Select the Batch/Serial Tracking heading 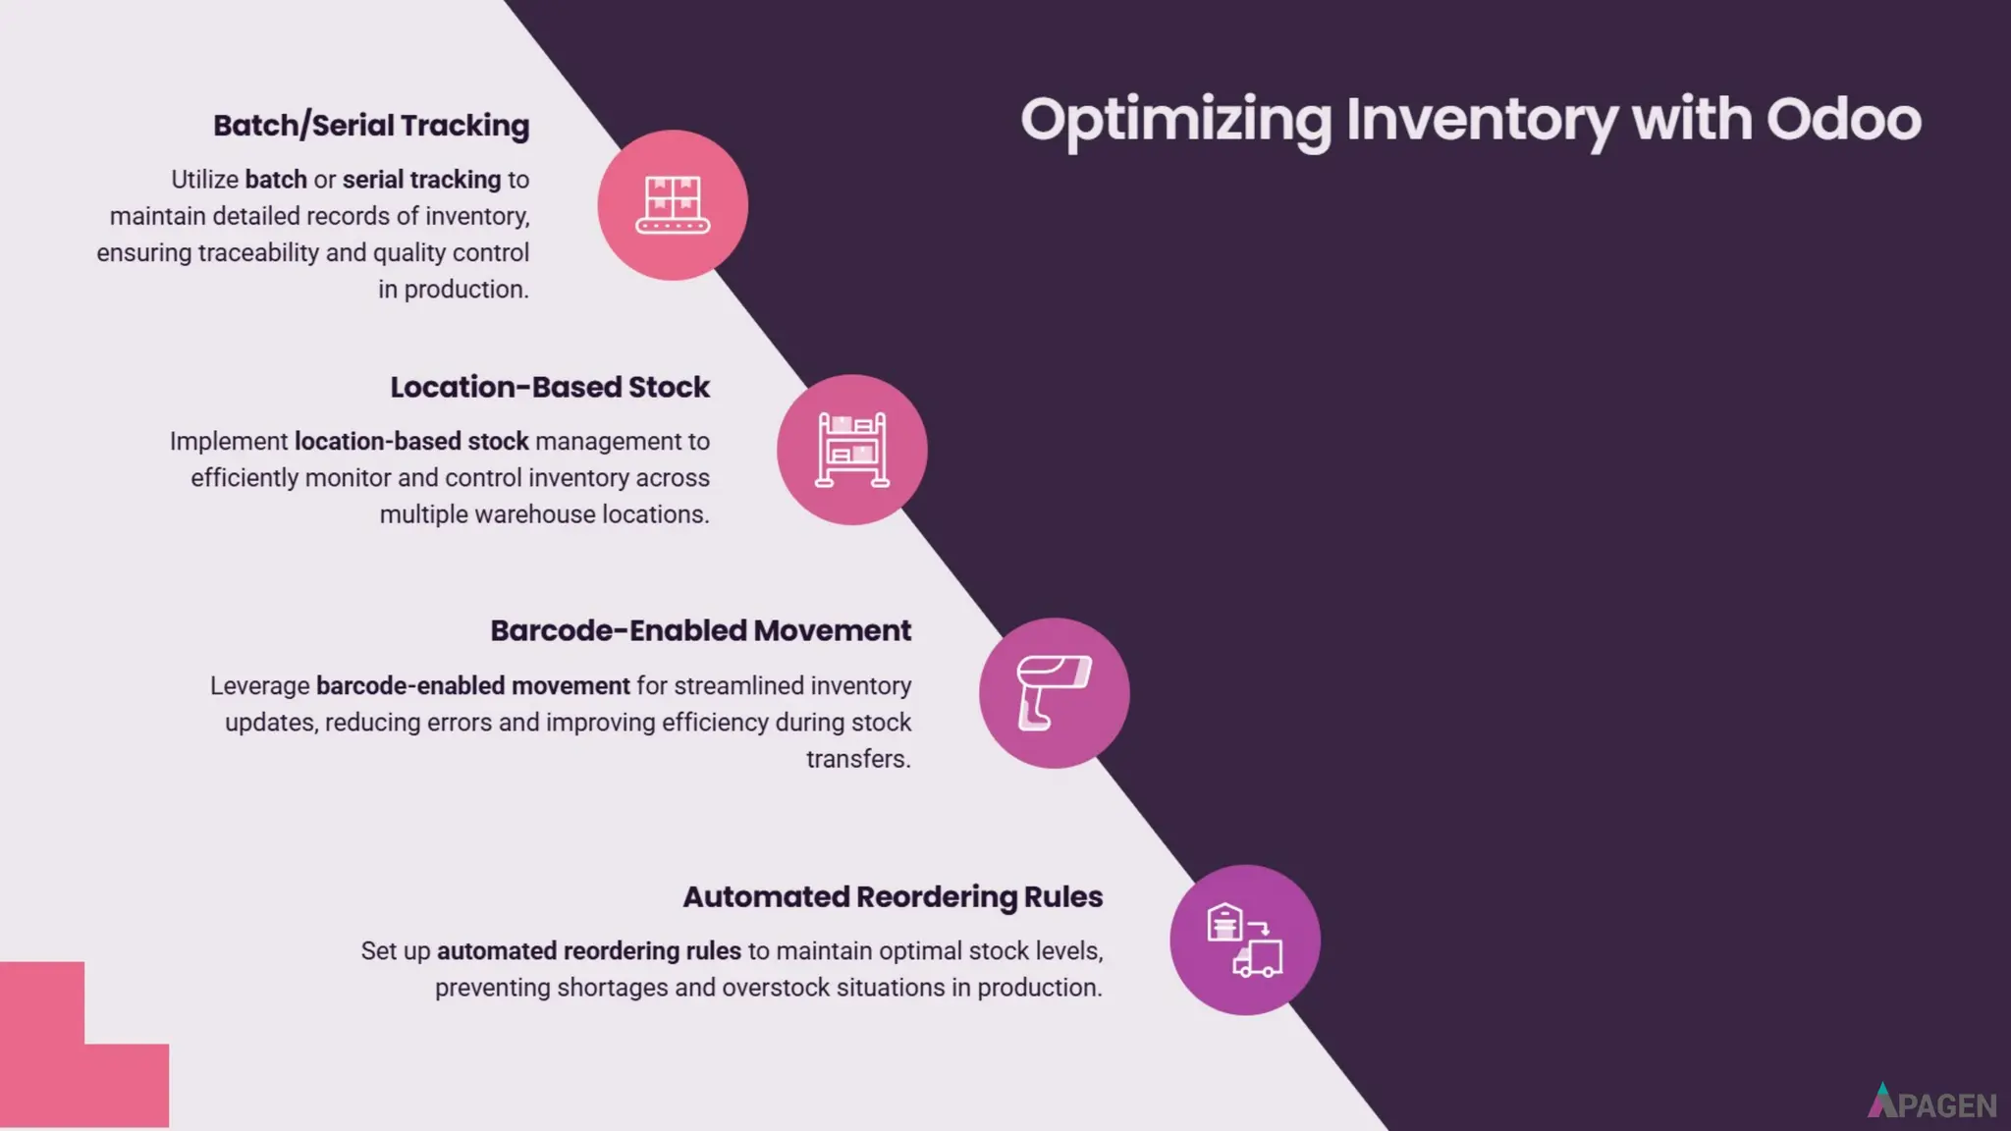coord(371,126)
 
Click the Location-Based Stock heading coord(550,387)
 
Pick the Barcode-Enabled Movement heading coord(700,630)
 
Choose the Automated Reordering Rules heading coord(893,896)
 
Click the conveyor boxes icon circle coord(673,205)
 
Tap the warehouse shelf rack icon coord(852,450)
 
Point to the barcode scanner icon coord(1054,693)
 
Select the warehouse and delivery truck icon coord(1244,940)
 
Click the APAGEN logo coord(1931,1104)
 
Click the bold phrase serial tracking coord(421,180)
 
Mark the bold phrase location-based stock coord(411,442)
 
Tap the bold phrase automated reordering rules coord(588,951)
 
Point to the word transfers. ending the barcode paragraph coord(858,759)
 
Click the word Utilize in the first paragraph coord(204,180)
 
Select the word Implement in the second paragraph coord(228,442)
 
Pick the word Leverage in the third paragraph coord(259,685)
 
